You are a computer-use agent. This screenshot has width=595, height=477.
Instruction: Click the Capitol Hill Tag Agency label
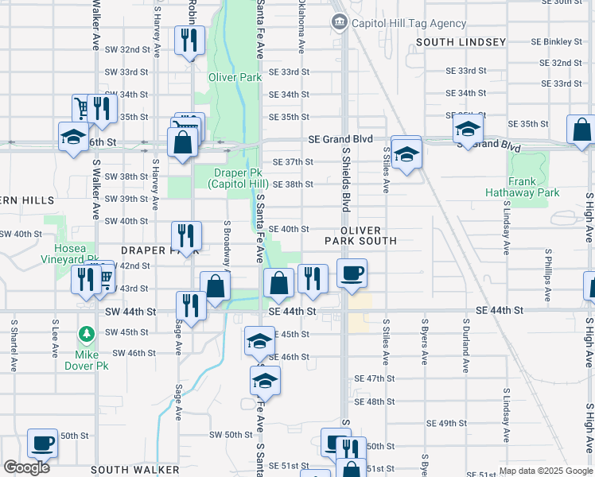[x=409, y=24]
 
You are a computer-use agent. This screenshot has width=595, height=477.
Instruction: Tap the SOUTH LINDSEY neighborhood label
[x=460, y=41]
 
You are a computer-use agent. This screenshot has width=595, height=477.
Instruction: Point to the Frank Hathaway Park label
[x=534, y=187]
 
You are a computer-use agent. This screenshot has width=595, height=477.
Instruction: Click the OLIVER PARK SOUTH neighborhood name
[x=360, y=235]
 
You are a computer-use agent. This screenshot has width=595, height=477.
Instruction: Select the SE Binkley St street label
[x=558, y=41]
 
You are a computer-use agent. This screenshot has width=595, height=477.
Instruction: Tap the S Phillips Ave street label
[x=548, y=275]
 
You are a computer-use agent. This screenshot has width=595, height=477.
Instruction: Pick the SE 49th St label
[x=446, y=424]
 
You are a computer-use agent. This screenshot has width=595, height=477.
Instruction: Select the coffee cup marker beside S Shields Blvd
[x=352, y=274]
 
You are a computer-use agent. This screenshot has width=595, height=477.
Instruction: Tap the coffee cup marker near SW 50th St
[x=42, y=443]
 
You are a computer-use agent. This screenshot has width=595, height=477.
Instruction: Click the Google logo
[x=26, y=467]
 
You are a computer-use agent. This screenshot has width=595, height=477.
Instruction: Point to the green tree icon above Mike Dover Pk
[x=85, y=334]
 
